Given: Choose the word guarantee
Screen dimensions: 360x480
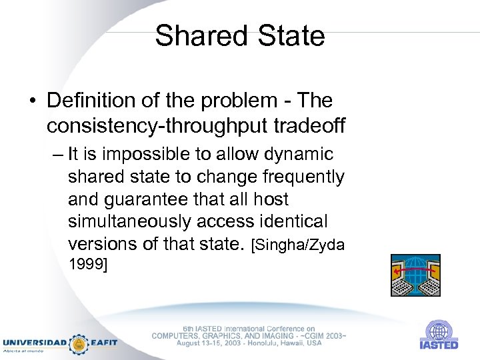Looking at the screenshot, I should point(157,199).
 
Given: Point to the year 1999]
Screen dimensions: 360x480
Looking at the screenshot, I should point(88,265).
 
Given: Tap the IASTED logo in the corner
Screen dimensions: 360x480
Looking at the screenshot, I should point(438,335).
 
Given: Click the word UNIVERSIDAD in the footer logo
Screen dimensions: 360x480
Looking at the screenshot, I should point(34,342).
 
